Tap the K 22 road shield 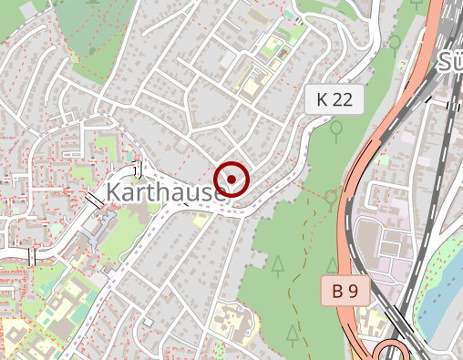[334, 100]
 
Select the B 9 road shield [345, 292]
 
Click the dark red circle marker [232, 179]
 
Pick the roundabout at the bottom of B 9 [394, 352]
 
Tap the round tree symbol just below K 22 [336, 130]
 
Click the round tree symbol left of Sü [395, 42]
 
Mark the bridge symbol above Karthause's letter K [139, 168]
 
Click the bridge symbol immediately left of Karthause [94, 199]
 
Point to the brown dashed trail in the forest [293, 273]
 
